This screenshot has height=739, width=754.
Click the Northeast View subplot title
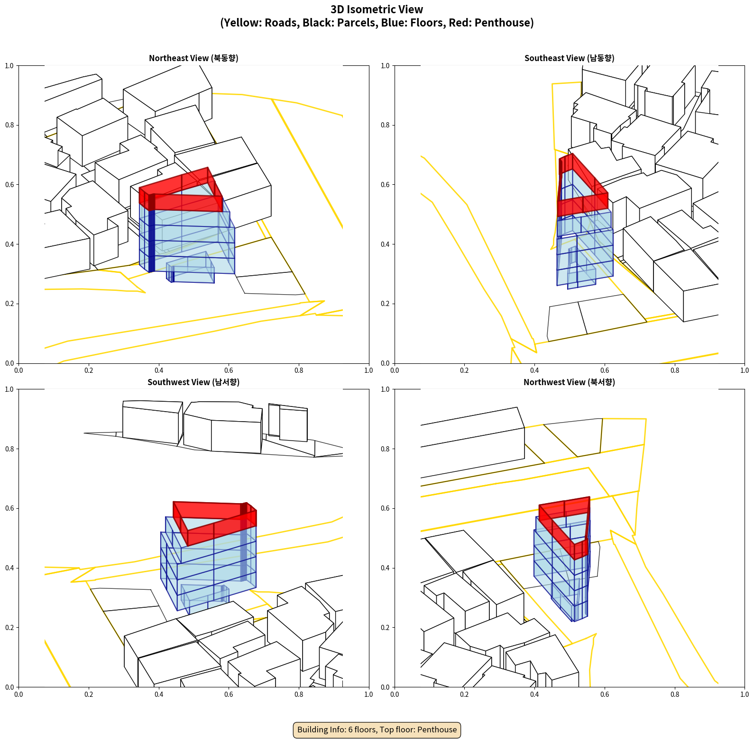pos(193,58)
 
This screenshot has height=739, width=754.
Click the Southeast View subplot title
pos(569,58)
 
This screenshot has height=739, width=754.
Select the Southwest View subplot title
pos(193,382)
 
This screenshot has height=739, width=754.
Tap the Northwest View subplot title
pos(569,382)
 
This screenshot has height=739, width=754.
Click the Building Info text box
pos(377,730)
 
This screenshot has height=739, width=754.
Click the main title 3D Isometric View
pos(377,9)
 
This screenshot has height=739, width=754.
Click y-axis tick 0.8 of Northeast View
pos(9,125)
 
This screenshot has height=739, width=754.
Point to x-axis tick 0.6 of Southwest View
pos(229,694)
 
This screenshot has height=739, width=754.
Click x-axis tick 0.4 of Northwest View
pos(534,694)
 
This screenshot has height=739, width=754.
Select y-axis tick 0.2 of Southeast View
pos(386,304)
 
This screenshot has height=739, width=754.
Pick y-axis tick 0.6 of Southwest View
pos(9,508)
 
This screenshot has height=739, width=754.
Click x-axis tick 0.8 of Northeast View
pos(299,370)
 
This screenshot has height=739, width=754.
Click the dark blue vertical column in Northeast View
pos(152,233)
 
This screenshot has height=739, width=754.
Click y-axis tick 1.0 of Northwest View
pos(386,389)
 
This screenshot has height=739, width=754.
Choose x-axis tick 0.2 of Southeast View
pos(464,370)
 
